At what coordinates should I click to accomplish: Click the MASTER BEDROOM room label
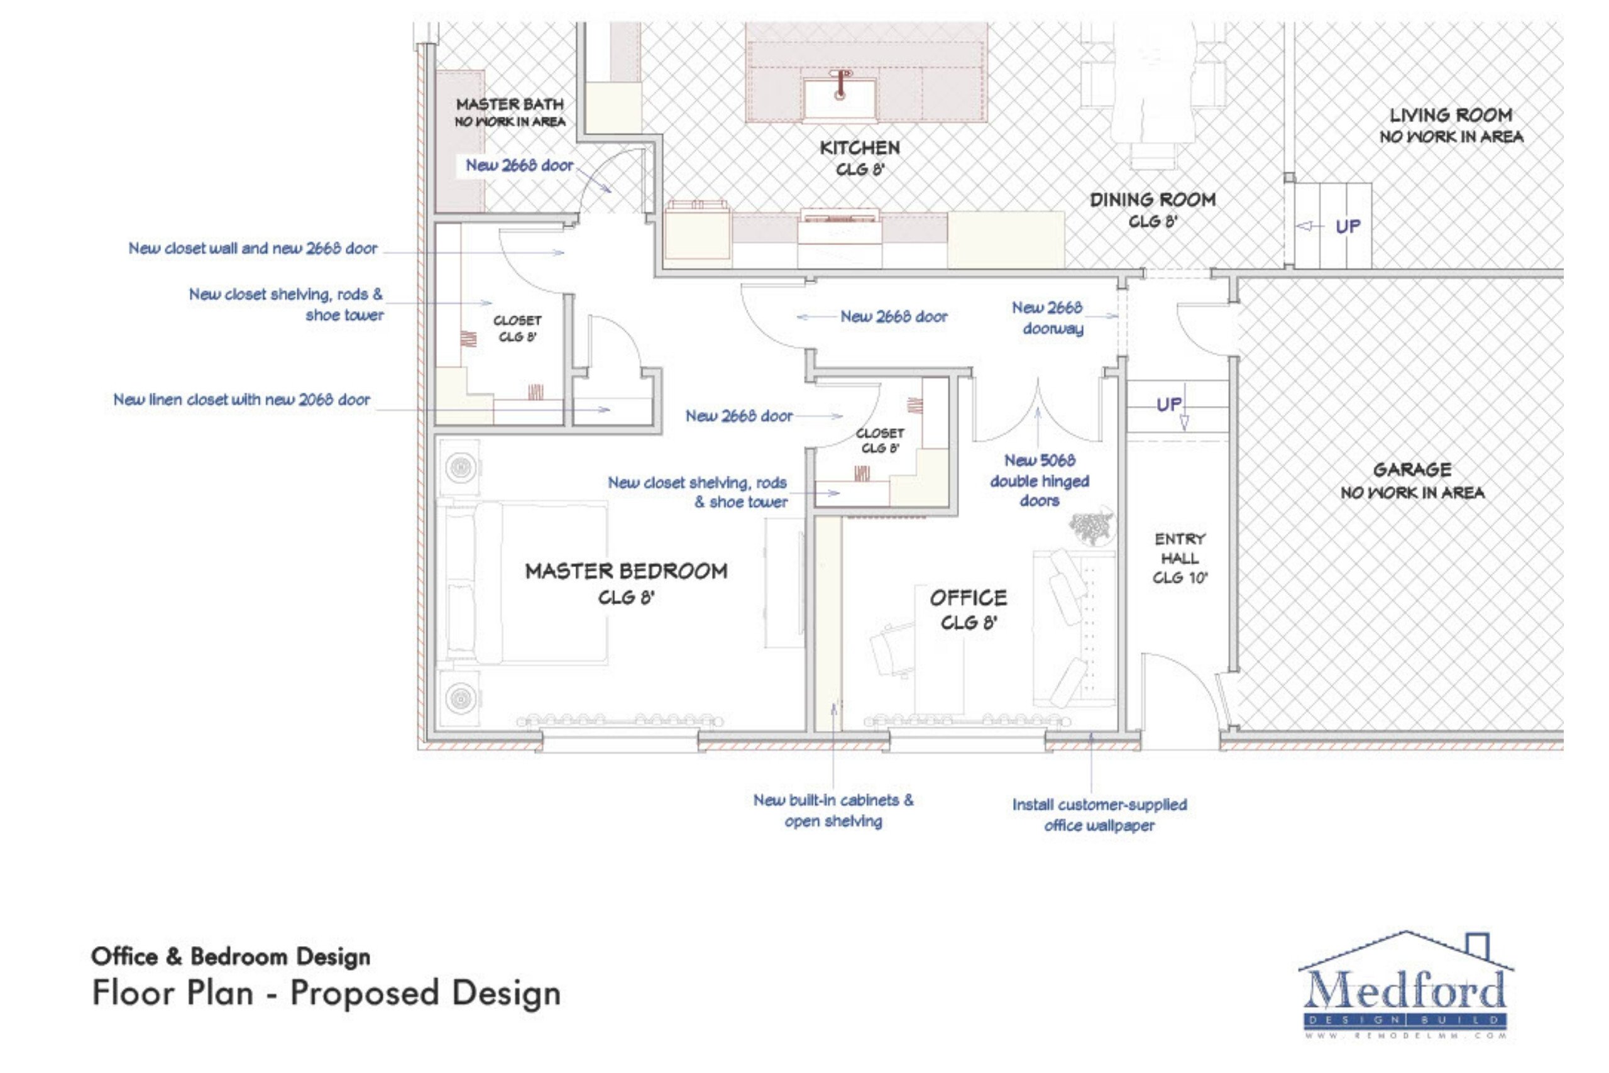pyautogui.click(x=626, y=571)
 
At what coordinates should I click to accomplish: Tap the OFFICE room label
pyautogui.click(x=968, y=598)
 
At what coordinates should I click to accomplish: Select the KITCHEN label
pyautogui.click(x=860, y=148)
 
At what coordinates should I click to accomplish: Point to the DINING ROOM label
pyautogui.click(x=1153, y=200)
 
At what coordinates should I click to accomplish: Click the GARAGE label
pyautogui.click(x=1412, y=470)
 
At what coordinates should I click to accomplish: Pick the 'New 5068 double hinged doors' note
pyautogui.click(x=1039, y=480)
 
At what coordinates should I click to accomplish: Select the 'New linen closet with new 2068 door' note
pyautogui.click(x=241, y=400)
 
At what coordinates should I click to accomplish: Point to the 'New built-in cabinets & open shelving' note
pyautogui.click(x=833, y=810)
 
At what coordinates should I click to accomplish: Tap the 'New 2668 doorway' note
pyautogui.click(x=1047, y=317)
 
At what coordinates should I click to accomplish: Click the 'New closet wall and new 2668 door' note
pyautogui.click(x=253, y=248)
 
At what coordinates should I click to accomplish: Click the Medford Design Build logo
pyautogui.click(x=1406, y=986)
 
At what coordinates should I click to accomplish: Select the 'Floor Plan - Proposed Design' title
pyautogui.click(x=326, y=993)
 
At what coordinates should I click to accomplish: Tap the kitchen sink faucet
pyautogui.click(x=841, y=82)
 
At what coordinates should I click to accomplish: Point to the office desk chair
pyautogui.click(x=892, y=647)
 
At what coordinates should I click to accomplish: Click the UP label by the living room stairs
pyautogui.click(x=1348, y=226)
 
